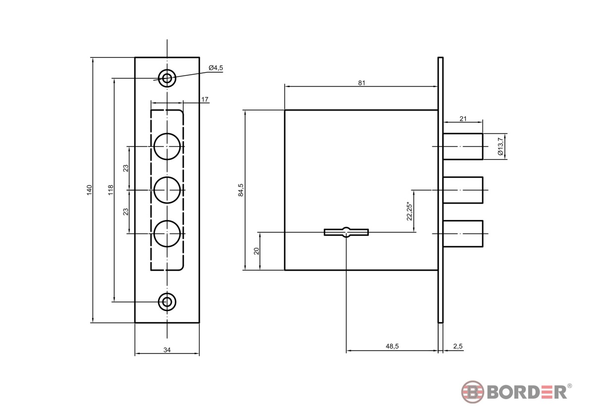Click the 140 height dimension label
89,190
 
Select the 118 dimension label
111,190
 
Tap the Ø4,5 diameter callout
216,68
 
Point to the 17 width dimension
204,100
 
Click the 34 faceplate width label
167,350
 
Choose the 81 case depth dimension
362,83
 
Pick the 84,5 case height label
241,190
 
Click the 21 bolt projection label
463,118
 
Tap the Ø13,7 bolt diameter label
500,146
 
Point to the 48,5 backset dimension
392,346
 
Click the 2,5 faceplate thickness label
458,346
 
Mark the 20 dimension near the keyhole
256,251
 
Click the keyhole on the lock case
346,232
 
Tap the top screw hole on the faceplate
167,79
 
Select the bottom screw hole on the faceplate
167,302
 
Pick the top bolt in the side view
463,147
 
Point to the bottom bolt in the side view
463,233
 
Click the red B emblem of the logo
473,392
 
